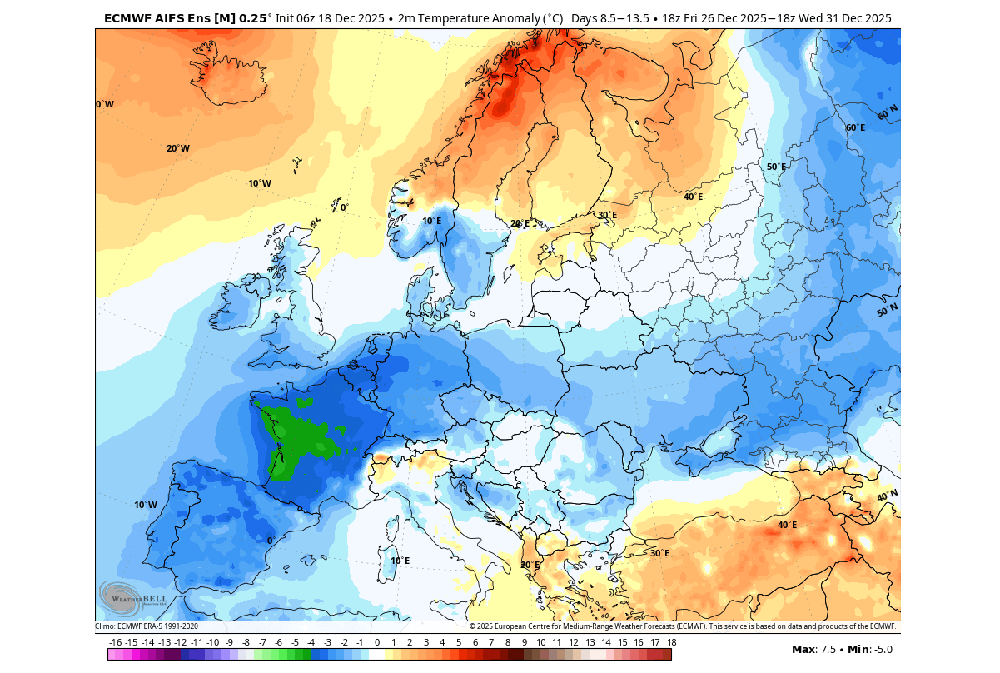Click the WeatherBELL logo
tap(133, 597)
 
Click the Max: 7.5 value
tap(815, 649)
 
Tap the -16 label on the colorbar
tap(115, 642)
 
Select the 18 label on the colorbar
tap(671, 642)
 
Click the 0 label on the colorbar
tap(376, 642)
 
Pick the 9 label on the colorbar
tap(524, 642)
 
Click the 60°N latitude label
tap(888, 112)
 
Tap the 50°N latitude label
tap(888, 310)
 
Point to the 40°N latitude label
tap(888, 496)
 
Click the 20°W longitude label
tap(177, 148)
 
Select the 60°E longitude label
tap(855, 127)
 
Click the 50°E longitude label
tap(776, 167)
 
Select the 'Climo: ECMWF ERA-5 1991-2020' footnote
tap(147, 626)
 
